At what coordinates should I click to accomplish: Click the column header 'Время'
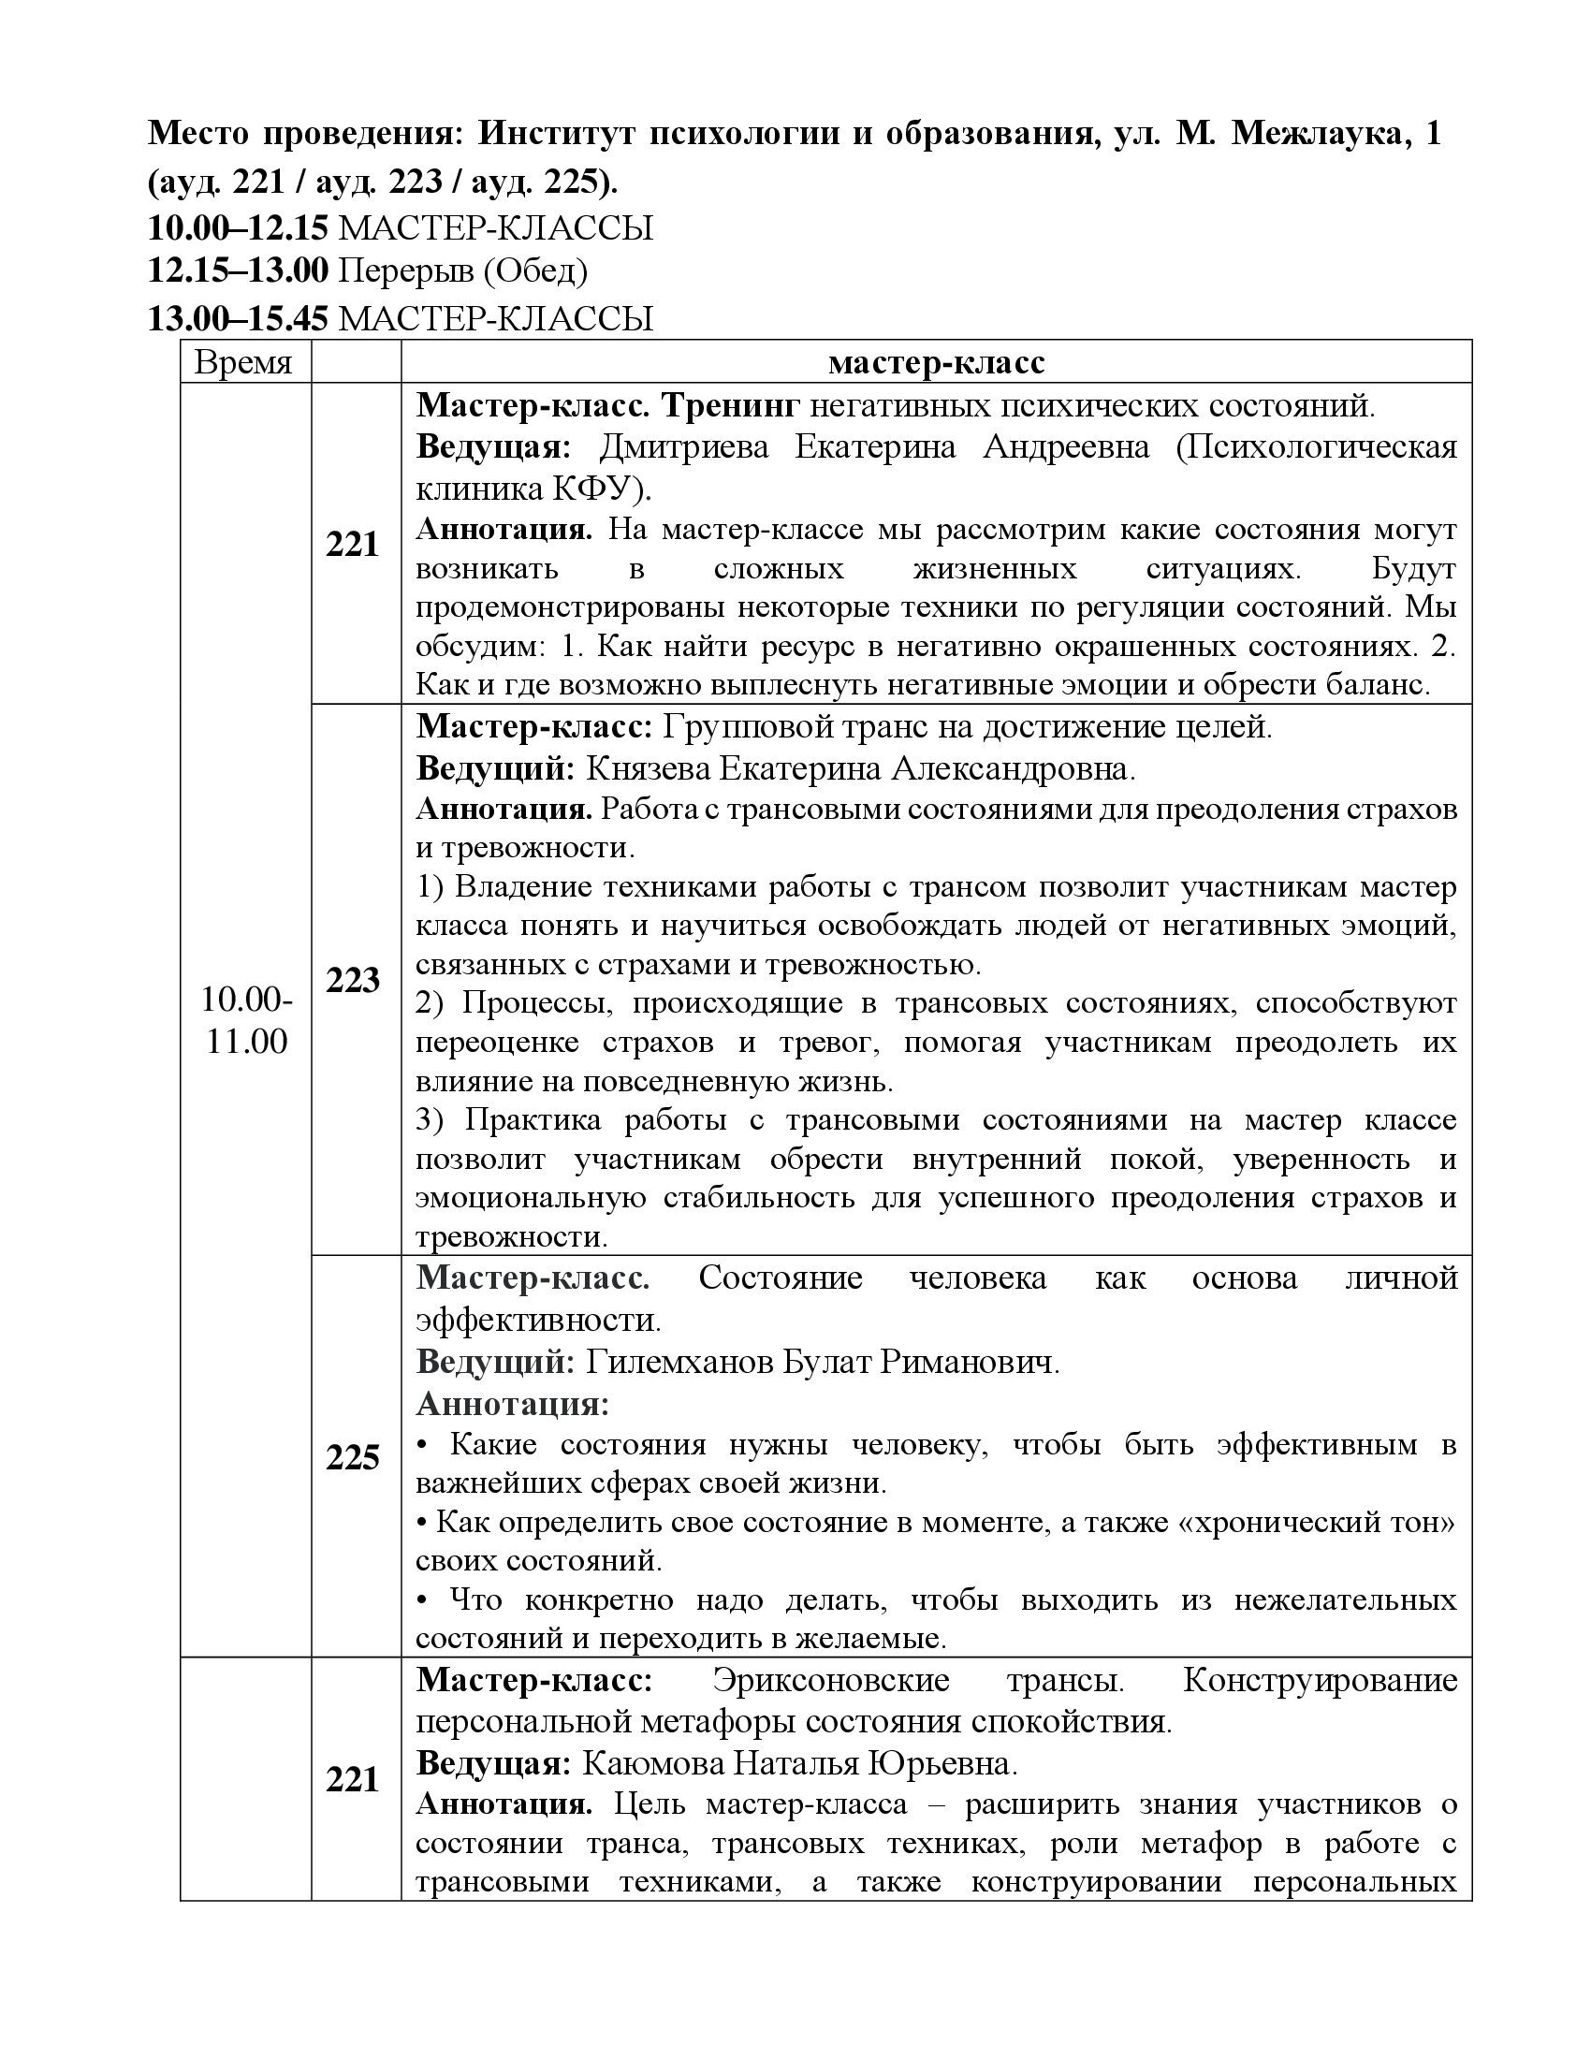[x=243, y=362]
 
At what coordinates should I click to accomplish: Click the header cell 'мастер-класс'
[x=936, y=362]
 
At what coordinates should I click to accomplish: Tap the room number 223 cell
[x=353, y=981]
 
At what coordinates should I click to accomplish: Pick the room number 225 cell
[x=353, y=1457]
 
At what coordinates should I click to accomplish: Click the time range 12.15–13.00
[x=238, y=271]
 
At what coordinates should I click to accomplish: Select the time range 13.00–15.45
[x=238, y=318]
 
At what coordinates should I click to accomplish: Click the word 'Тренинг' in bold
[x=731, y=405]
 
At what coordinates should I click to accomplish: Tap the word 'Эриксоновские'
[x=830, y=1681]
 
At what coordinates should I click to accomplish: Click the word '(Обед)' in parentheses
[x=535, y=271]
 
